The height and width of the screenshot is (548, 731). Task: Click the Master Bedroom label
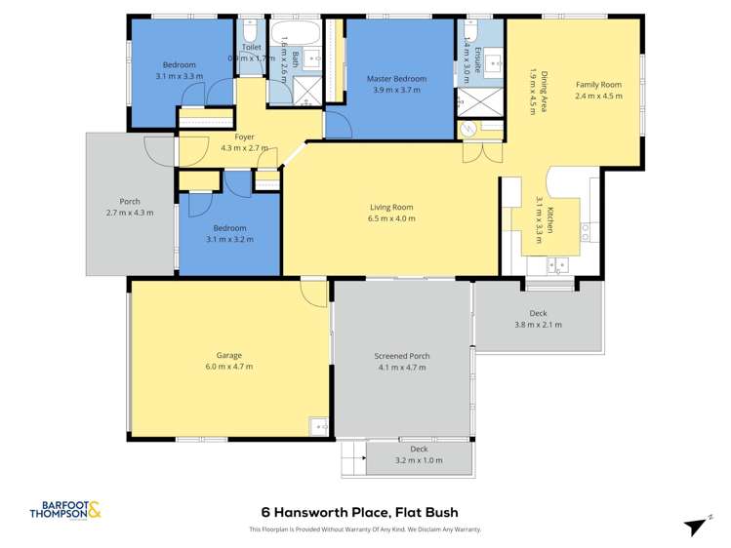point(395,78)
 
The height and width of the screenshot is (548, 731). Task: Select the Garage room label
point(228,355)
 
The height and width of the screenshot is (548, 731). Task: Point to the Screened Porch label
point(402,356)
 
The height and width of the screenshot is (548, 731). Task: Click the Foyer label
point(230,137)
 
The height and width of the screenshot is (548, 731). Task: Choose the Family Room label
point(597,84)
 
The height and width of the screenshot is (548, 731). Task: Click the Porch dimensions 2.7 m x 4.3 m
point(129,213)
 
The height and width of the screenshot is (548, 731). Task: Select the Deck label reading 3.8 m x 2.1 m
point(538,325)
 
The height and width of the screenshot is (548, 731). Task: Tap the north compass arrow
point(697,525)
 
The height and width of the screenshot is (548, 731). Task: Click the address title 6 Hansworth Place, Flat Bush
point(359,512)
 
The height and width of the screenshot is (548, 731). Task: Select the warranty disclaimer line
point(365,529)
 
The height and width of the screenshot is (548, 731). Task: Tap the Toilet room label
point(252,47)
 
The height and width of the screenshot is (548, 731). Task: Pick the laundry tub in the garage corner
point(318,425)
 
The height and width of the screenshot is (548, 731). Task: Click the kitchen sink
point(558,264)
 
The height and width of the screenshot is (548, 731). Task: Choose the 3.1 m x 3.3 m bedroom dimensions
point(178,75)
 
